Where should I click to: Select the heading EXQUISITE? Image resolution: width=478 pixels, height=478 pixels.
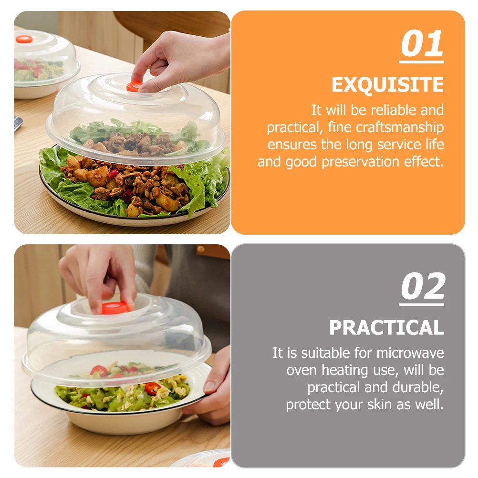(x=387, y=85)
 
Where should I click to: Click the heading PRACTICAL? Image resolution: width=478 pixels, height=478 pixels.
(x=386, y=328)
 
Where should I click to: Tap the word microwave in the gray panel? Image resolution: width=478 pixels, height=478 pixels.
(x=410, y=353)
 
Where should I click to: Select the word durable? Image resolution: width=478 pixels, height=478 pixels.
(x=418, y=387)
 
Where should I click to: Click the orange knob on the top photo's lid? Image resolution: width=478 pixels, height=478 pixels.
(x=134, y=86)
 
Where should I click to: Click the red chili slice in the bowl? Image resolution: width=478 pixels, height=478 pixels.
(x=152, y=388)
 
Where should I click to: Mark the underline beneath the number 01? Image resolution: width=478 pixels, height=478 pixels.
(x=422, y=61)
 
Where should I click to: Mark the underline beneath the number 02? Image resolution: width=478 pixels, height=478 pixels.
(x=422, y=304)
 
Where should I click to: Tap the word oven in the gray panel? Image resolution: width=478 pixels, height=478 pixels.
(x=301, y=370)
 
